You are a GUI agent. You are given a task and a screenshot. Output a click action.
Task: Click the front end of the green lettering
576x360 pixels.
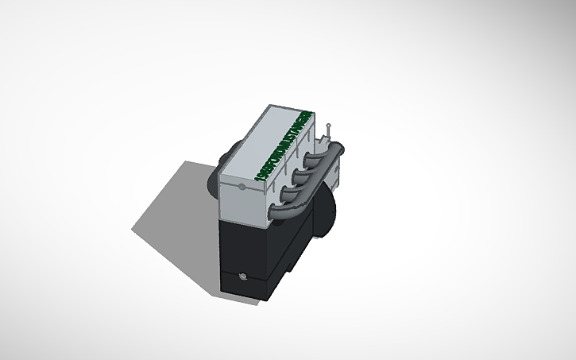[x=263, y=176]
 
